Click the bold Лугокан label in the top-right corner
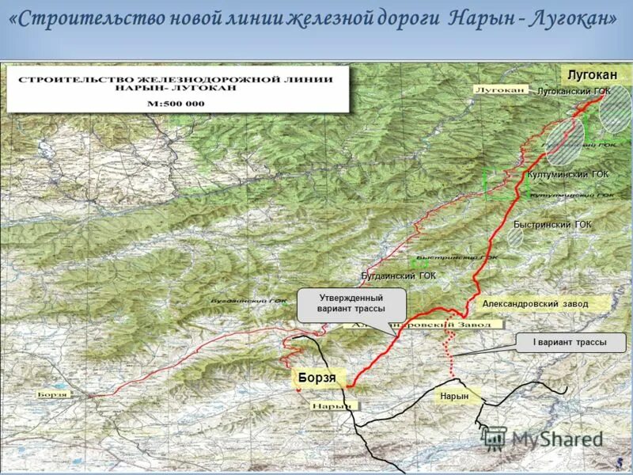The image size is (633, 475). pos(592,74)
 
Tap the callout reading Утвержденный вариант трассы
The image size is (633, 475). pos(351,303)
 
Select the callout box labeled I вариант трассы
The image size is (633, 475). pos(570,343)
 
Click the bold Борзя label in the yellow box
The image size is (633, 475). pos(316,378)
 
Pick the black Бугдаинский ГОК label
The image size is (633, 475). pos(398,275)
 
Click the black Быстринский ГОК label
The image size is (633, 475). pos(552,225)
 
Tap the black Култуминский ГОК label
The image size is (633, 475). pos(567,174)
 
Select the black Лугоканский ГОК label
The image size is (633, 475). pos(574,92)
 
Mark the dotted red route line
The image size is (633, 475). pos(451,348)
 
